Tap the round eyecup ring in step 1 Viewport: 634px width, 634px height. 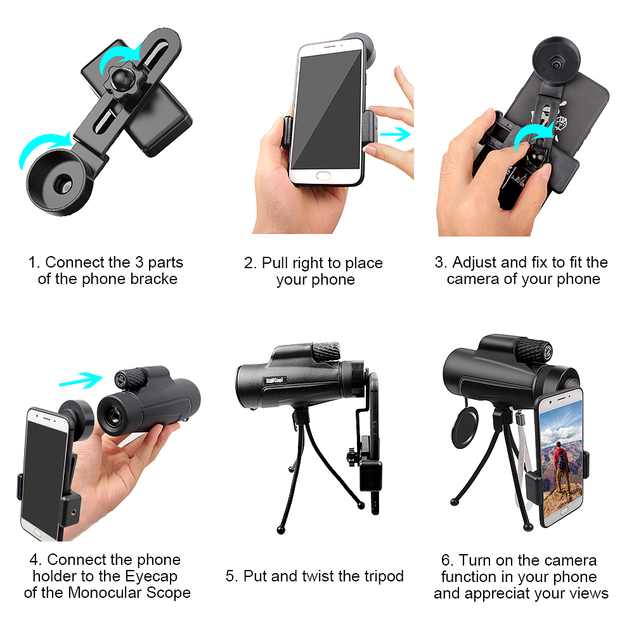point(56,181)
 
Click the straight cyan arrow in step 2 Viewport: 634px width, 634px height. point(396,134)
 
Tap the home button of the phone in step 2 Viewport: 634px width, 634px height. point(323,176)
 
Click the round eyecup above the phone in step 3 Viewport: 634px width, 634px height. point(557,61)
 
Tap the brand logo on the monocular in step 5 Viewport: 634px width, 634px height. point(275,380)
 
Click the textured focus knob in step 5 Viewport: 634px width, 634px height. point(326,351)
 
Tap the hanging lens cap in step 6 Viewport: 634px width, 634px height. point(465,427)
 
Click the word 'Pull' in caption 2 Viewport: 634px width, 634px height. point(275,263)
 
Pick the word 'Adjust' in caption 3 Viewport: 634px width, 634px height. point(474,263)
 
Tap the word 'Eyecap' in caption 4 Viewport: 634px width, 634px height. point(152,576)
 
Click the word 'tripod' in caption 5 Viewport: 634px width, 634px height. point(384,576)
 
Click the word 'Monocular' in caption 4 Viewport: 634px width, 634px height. point(105,593)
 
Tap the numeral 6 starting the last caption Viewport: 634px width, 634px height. point(446,561)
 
